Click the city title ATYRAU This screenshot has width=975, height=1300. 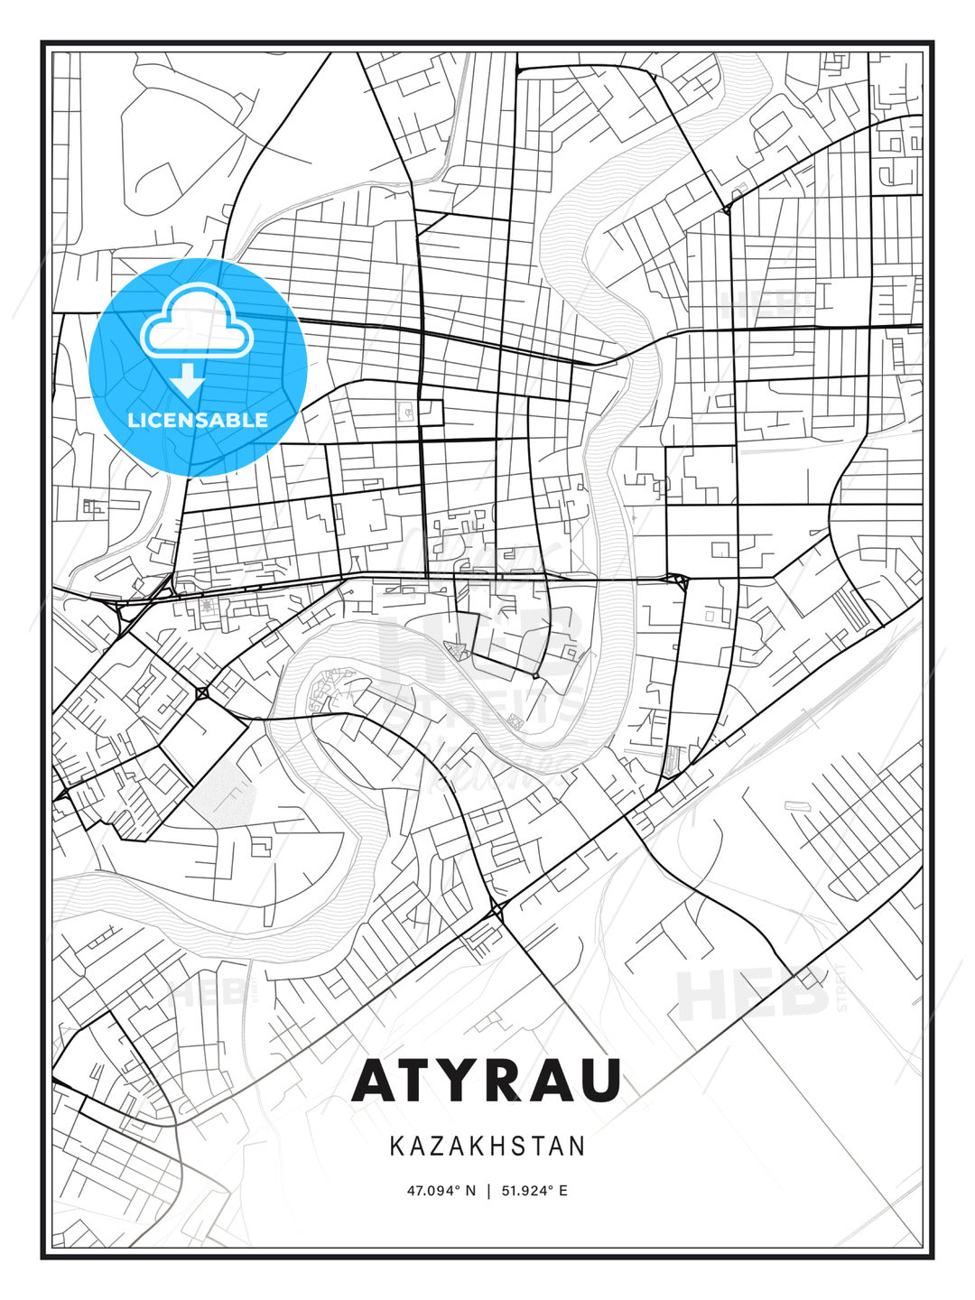(487, 1080)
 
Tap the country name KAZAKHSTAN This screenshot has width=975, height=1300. (487, 1147)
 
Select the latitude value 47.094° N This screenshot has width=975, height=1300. (441, 1191)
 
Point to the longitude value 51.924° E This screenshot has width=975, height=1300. (534, 1191)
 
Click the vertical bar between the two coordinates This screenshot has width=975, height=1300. (487, 1191)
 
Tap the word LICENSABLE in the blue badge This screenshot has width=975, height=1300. (198, 420)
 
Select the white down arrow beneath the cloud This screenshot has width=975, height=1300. (188, 380)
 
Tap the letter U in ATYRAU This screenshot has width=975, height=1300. (599, 1080)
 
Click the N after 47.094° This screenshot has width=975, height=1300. (469, 1191)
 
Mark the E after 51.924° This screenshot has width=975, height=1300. (563, 1191)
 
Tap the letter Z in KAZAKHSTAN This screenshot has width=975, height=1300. (439, 1147)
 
